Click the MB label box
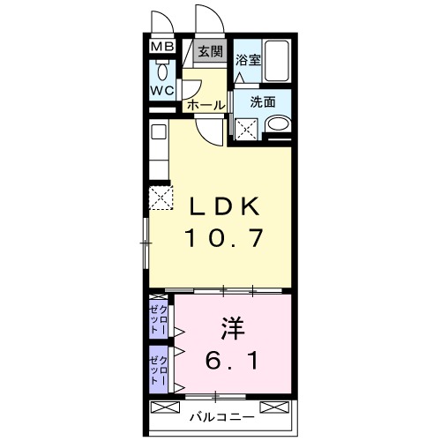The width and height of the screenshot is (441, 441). tap(162, 47)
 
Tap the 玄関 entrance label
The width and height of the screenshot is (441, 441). tap(210, 52)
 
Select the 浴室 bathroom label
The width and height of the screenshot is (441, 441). tap(248, 60)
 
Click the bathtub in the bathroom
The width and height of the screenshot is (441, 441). tap(276, 61)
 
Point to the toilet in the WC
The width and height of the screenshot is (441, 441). tap(162, 70)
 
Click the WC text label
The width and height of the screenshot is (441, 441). tap(162, 91)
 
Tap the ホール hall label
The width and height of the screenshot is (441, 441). tap(206, 105)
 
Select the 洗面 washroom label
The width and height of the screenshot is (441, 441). tap(263, 102)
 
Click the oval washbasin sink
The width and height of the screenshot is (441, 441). tap(278, 123)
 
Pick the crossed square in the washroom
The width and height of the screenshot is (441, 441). tap(246, 129)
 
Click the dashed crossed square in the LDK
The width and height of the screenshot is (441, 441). tap(161, 198)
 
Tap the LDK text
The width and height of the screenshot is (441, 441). tap(224, 206)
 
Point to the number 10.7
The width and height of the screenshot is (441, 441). tap(223, 238)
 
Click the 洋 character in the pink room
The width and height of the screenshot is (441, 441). tap(232, 328)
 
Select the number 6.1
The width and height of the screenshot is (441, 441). tap(232, 361)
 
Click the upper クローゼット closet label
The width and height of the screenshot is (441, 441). tap(159, 318)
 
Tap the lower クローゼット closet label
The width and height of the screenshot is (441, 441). tap(159, 370)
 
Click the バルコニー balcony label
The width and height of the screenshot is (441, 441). tap(221, 417)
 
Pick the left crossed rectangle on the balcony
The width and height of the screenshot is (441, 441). tap(165, 407)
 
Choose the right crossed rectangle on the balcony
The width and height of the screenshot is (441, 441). tap(274, 407)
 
